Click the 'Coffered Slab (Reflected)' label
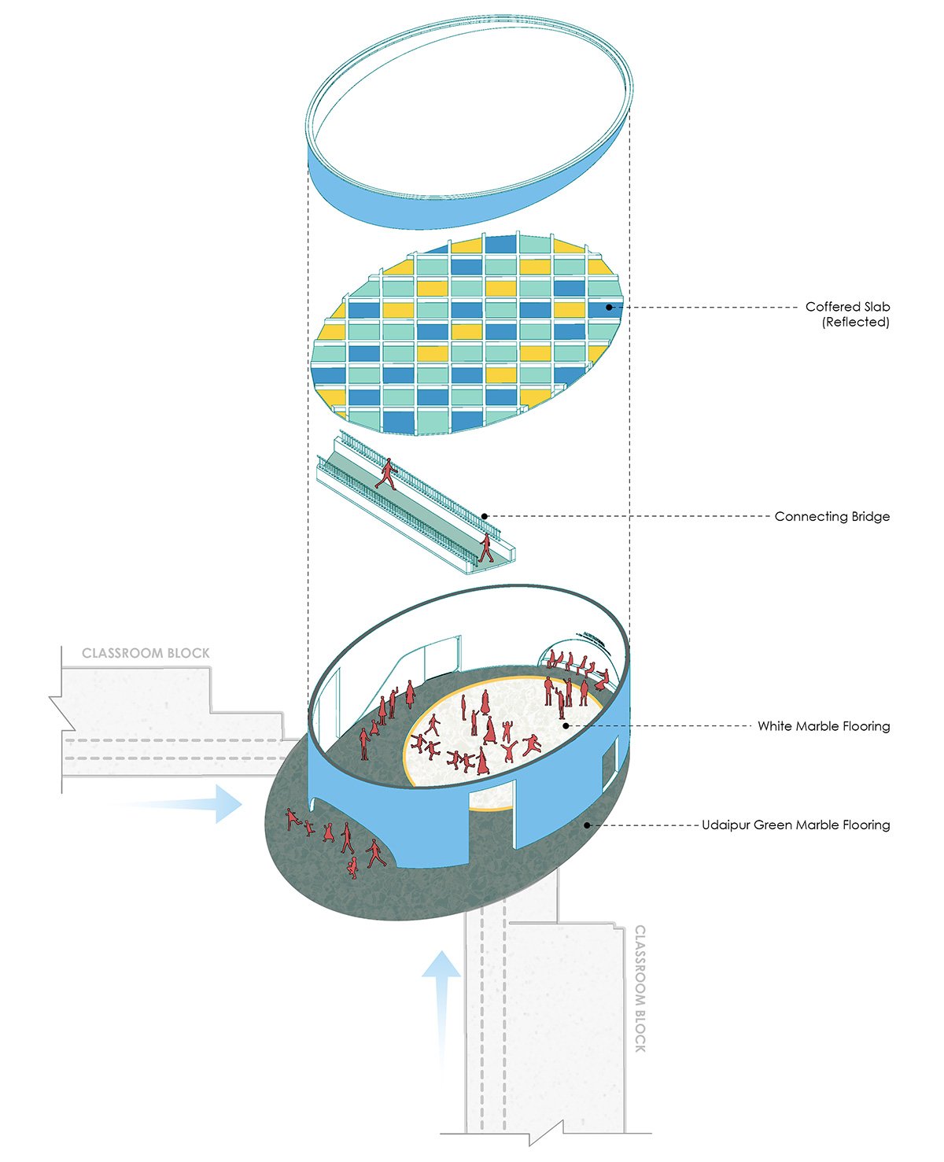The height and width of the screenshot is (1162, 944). tap(847, 314)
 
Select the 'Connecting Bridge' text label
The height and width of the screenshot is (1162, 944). tap(832, 517)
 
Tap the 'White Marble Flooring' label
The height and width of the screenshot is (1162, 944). tap(824, 726)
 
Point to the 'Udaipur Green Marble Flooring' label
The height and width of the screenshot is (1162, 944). tap(795, 825)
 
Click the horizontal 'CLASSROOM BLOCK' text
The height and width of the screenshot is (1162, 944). tap(146, 653)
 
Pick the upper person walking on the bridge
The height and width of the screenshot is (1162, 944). tap(386, 474)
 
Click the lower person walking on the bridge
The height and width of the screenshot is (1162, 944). tap(486, 548)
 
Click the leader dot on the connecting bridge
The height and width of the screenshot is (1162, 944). tap(485, 517)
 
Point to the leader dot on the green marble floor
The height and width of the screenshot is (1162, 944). tap(586, 825)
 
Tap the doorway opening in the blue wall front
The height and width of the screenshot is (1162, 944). tap(492, 822)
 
